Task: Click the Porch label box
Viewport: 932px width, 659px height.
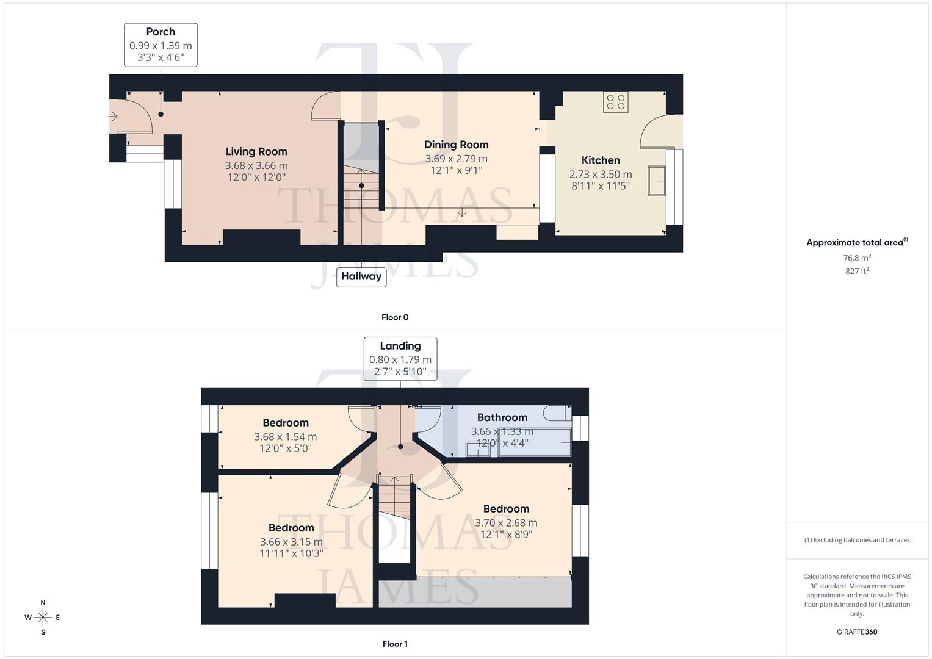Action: pos(161,45)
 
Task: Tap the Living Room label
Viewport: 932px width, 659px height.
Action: pos(256,151)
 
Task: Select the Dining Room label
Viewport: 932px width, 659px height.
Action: pos(456,145)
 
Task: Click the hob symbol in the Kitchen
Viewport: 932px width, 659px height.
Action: pos(615,102)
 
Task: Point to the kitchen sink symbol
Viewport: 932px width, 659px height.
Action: pos(656,181)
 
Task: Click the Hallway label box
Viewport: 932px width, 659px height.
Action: pos(361,276)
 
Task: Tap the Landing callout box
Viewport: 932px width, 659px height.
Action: pos(400,359)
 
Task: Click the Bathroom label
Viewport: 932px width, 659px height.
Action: pos(502,417)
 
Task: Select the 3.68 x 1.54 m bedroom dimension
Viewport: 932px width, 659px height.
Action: pos(285,437)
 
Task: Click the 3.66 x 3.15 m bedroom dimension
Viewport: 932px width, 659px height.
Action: pos(291,542)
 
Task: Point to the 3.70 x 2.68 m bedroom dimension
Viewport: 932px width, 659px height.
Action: pos(506,523)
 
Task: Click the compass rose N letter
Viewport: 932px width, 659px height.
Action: pos(43,603)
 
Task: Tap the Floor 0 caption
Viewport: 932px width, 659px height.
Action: pos(395,317)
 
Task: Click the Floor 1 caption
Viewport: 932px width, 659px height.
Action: pos(395,644)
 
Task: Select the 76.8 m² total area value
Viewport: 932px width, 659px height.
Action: pos(857,258)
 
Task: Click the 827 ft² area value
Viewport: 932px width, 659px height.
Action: pos(857,271)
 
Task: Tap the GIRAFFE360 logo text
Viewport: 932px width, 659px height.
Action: pos(857,632)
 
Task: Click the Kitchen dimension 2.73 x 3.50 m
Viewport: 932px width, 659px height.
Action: pos(601,175)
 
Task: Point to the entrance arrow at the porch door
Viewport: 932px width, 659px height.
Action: pos(114,116)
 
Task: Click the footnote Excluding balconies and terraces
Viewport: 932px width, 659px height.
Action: pos(857,540)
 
